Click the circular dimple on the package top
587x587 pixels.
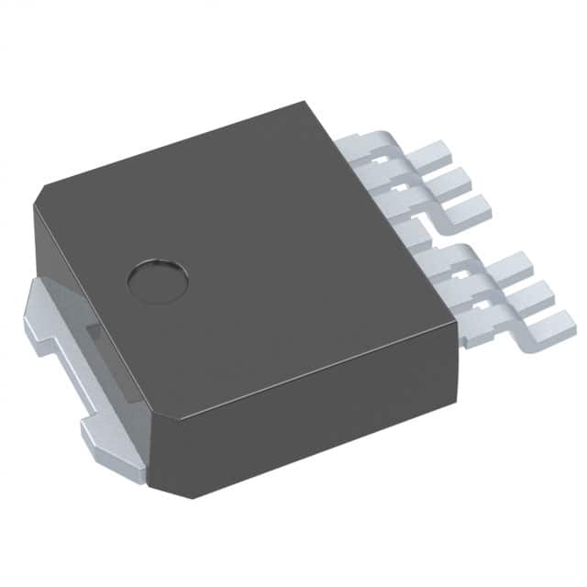(x=157, y=280)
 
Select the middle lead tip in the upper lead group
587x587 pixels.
(x=457, y=181)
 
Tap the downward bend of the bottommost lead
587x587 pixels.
(x=486, y=335)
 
